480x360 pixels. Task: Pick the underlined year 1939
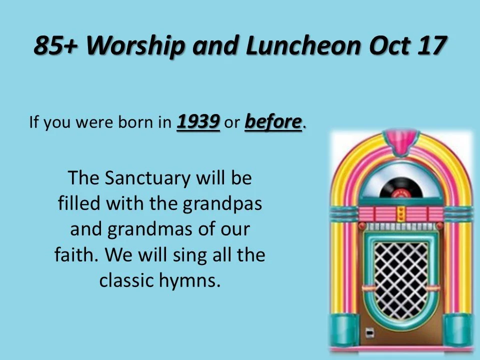[x=198, y=122]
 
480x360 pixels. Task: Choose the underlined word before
[x=273, y=122]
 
